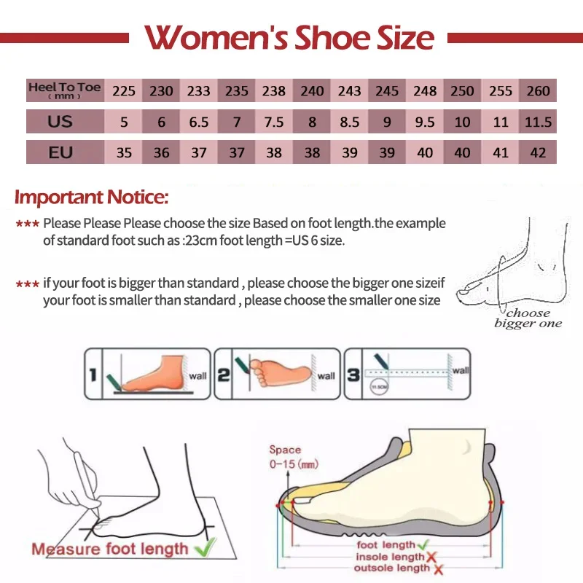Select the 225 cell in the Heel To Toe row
[x=124, y=91]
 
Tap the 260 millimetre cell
[x=538, y=91]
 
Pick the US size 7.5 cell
[x=274, y=122]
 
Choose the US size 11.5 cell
[x=538, y=122]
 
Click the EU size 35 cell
[x=124, y=152]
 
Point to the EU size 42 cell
[x=538, y=152]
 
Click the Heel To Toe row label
[x=64, y=90]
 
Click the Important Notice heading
[x=92, y=197]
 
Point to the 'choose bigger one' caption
[x=528, y=318]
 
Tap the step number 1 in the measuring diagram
[x=93, y=375]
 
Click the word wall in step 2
[x=326, y=376]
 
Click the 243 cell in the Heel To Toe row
[x=350, y=91]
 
